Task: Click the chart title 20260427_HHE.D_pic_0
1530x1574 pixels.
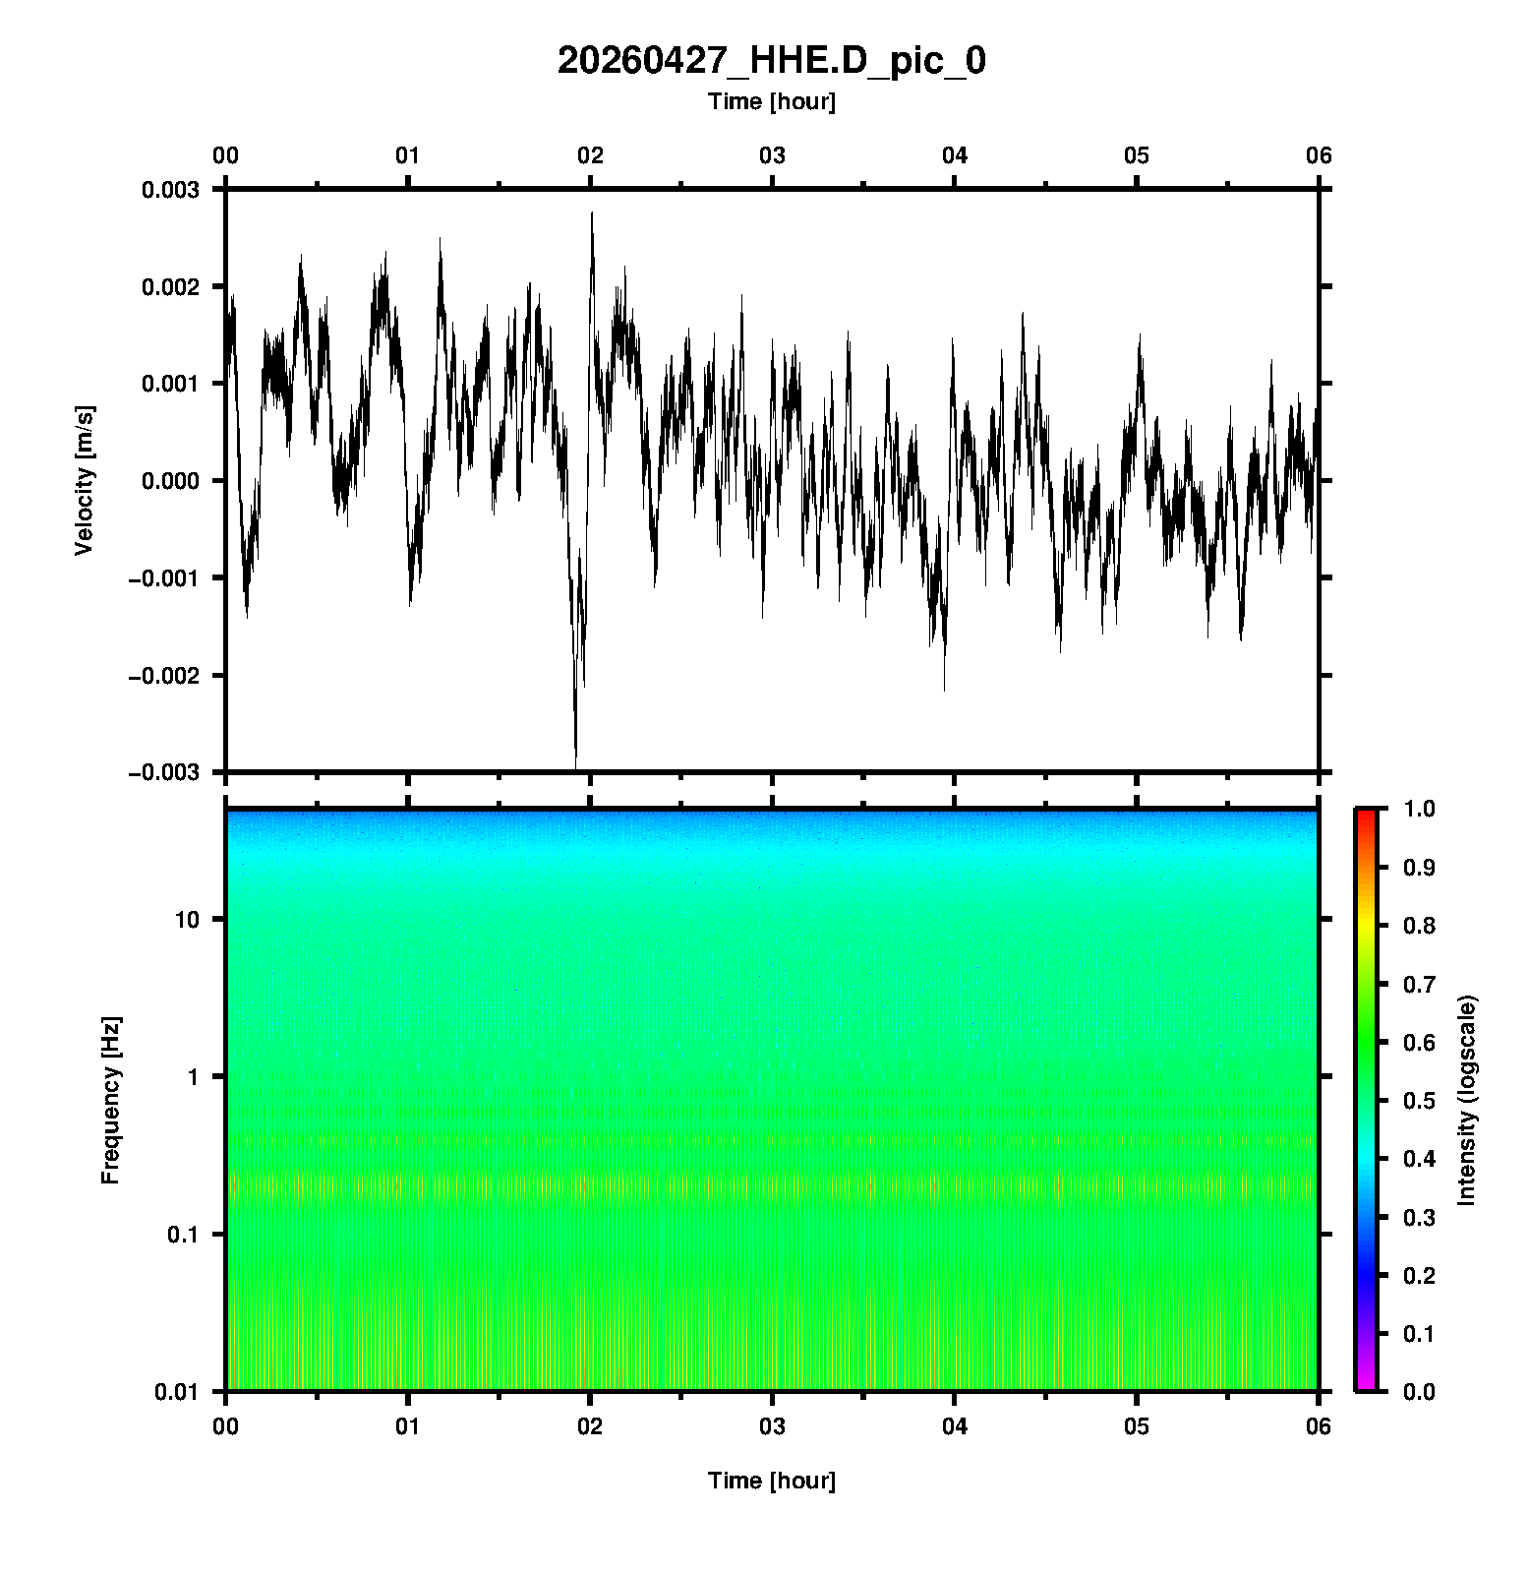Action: (x=771, y=61)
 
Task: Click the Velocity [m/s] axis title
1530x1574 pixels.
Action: (x=85, y=480)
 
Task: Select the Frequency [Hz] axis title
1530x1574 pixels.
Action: (x=110, y=1100)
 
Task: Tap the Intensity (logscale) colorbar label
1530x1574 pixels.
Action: (x=1467, y=1100)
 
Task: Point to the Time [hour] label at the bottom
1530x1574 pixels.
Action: (x=771, y=1481)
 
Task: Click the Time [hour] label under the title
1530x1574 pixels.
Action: (x=771, y=101)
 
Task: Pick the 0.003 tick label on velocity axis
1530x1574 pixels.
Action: (x=170, y=190)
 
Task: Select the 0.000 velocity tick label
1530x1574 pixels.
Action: (x=170, y=481)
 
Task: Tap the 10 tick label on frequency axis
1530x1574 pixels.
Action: (x=187, y=920)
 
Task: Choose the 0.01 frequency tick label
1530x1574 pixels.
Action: (x=177, y=1391)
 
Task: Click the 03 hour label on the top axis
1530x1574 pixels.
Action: (x=772, y=155)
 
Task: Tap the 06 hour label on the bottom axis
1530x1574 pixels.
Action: (x=1319, y=1425)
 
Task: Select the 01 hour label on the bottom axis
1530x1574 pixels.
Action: (x=408, y=1425)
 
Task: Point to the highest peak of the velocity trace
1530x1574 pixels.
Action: (x=592, y=213)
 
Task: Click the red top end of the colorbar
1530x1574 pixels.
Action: (x=1366, y=815)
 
